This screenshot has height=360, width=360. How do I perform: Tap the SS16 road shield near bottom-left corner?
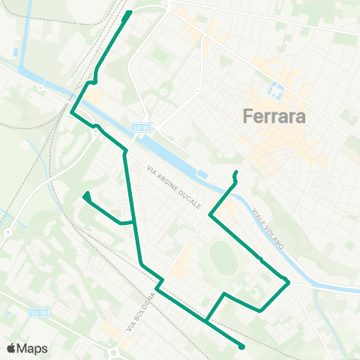(38, 311)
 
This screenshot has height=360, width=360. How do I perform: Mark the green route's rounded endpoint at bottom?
(241, 346)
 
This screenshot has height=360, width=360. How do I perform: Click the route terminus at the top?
(129, 13)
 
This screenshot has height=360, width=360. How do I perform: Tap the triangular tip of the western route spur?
(87, 195)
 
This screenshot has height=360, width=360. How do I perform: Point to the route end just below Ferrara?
(235, 173)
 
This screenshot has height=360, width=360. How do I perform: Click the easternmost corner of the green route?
(289, 281)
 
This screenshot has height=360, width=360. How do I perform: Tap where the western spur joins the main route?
(134, 222)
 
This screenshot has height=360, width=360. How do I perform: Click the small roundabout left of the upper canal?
(39, 87)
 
